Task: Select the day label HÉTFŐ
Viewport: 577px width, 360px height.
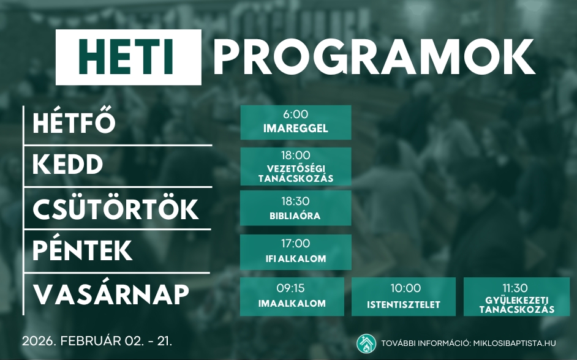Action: pos(74,124)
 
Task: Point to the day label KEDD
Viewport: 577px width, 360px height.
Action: pos(68,165)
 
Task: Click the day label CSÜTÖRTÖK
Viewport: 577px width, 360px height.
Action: pos(116,209)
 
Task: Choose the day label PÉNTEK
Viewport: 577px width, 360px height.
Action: pos(83,251)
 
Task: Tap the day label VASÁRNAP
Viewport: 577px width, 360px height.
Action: pos(111,294)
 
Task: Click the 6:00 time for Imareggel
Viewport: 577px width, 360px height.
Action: pos(295,114)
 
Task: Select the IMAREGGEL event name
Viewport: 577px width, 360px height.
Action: pos(295,129)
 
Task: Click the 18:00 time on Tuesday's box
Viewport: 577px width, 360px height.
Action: pos(295,156)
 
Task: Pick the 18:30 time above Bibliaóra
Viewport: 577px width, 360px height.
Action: pos(295,201)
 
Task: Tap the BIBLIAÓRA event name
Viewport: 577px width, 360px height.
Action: pos(295,216)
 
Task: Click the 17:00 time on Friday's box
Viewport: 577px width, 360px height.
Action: pos(295,244)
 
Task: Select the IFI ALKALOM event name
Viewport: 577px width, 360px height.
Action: pos(295,259)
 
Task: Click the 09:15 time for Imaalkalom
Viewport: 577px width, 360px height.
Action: pos(290,288)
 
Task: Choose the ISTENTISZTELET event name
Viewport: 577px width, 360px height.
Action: pos(404,304)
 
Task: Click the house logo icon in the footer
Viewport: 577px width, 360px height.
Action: pos(366,343)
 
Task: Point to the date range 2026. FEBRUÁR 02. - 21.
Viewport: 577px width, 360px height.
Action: pos(97,340)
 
